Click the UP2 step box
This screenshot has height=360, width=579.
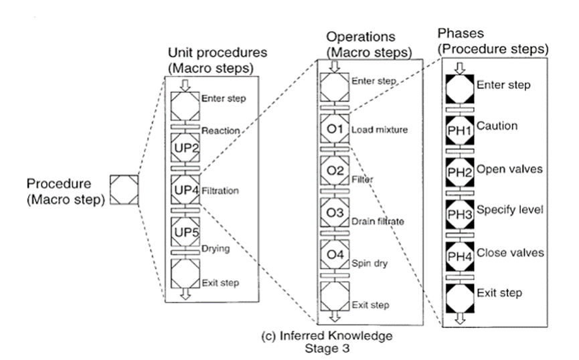pyautogui.click(x=185, y=147)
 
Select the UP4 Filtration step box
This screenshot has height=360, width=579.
pyautogui.click(x=185, y=190)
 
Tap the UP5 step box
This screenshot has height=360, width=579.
pyautogui.click(x=185, y=233)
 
